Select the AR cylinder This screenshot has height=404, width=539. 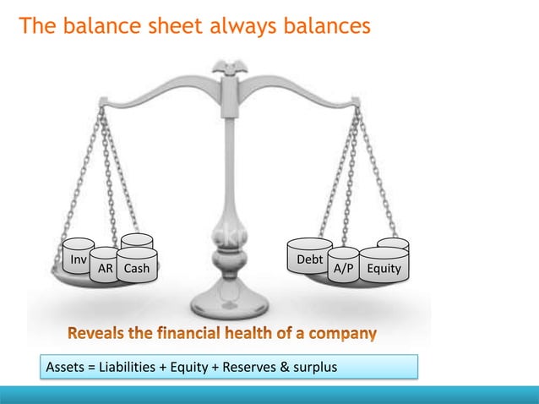[x=105, y=267]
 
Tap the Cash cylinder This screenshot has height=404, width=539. [x=137, y=266]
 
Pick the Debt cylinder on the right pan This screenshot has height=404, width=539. [x=309, y=258]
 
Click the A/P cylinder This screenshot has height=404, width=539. [x=343, y=266]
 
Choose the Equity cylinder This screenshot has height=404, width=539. [x=384, y=266]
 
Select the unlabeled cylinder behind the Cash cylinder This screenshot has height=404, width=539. [x=137, y=241]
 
